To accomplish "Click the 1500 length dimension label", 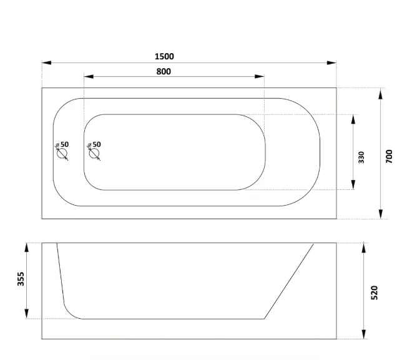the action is [164, 56].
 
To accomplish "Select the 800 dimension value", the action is [164, 71].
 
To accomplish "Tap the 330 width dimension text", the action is [361, 157].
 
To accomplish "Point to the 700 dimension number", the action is [389, 156].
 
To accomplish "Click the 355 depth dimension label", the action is [21, 279].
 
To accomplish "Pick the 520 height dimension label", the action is [375, 292].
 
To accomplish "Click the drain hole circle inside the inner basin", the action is [94, 154].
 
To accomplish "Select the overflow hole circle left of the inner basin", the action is [62, 154].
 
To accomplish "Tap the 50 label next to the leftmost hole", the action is [65, 144].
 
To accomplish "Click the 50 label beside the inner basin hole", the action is [97, 144].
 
